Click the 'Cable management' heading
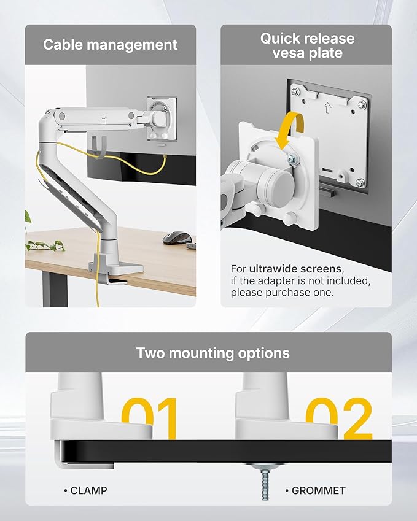pos(111,45)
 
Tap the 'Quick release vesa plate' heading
pos(307,45)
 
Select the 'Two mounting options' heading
pos(212,353)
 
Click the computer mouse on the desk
pos(177,236)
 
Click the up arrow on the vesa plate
pos(327,108)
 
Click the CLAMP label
pos(87,490)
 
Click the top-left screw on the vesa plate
pos(295,91)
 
